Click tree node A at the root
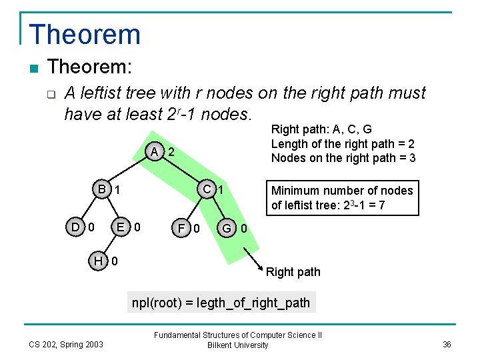[x=154, y=151]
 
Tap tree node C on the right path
[x=208, y=189]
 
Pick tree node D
[x=77, y=227]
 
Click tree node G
[x=227, y=229]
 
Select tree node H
[x=99, y=260]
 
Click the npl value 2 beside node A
[x=171, y=152]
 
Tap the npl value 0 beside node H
[x=115, y=260]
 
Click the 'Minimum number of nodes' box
[x=342, y=198]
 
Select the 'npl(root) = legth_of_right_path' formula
[x=221, y=302]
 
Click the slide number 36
[x=447, y=344]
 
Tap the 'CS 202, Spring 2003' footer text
[x=66, y=344]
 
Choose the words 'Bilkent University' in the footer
[x=238, y=345]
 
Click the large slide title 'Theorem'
[x=85, y=35]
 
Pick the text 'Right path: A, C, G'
[x=321, y=130]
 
